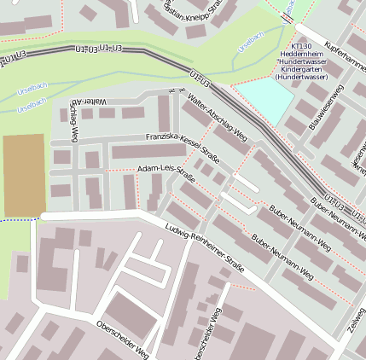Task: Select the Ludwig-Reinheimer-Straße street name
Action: (205, 248)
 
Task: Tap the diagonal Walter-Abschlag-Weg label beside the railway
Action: (217, 119)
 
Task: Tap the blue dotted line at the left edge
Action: (17, 220)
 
